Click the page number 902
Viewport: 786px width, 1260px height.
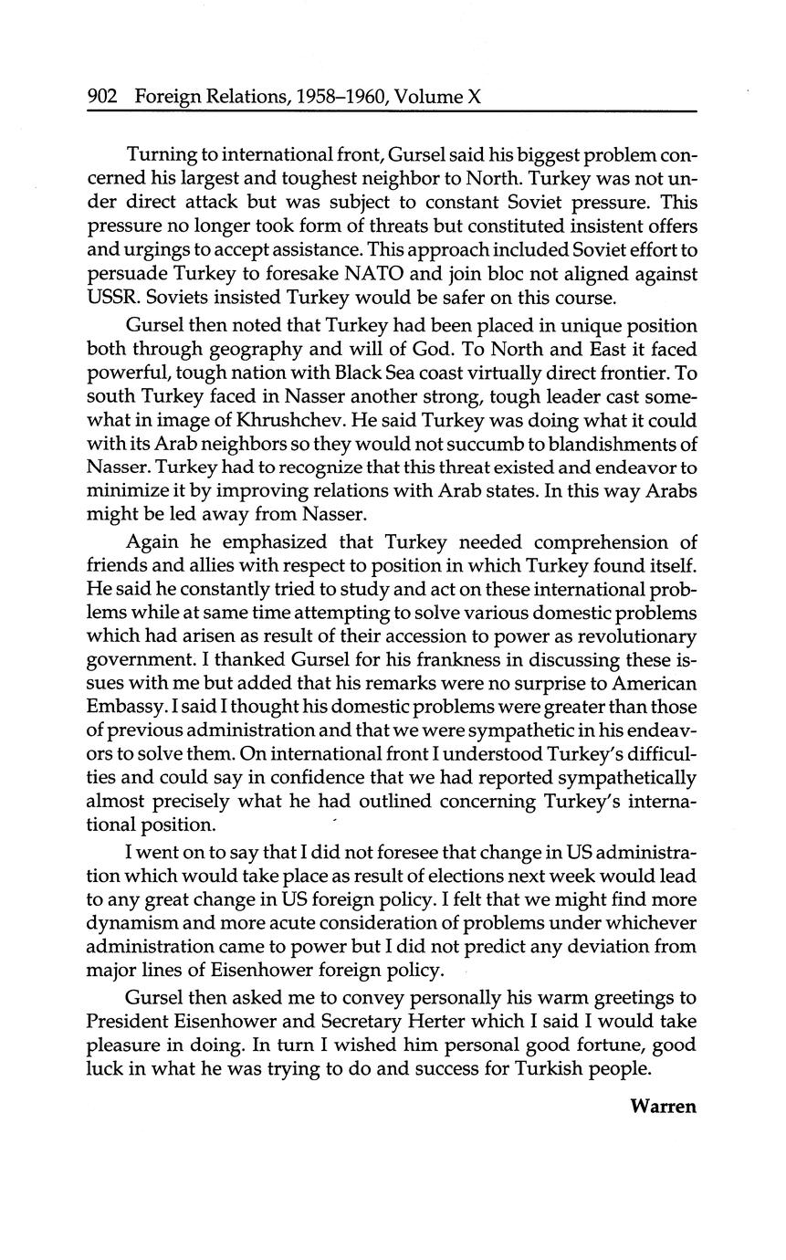click(x=102, y=95)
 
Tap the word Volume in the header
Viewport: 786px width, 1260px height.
click(x=427, y=95)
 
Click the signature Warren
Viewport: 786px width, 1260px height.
click(x=663, y=1106)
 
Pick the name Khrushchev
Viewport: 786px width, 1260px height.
click(x=289, y=421)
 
